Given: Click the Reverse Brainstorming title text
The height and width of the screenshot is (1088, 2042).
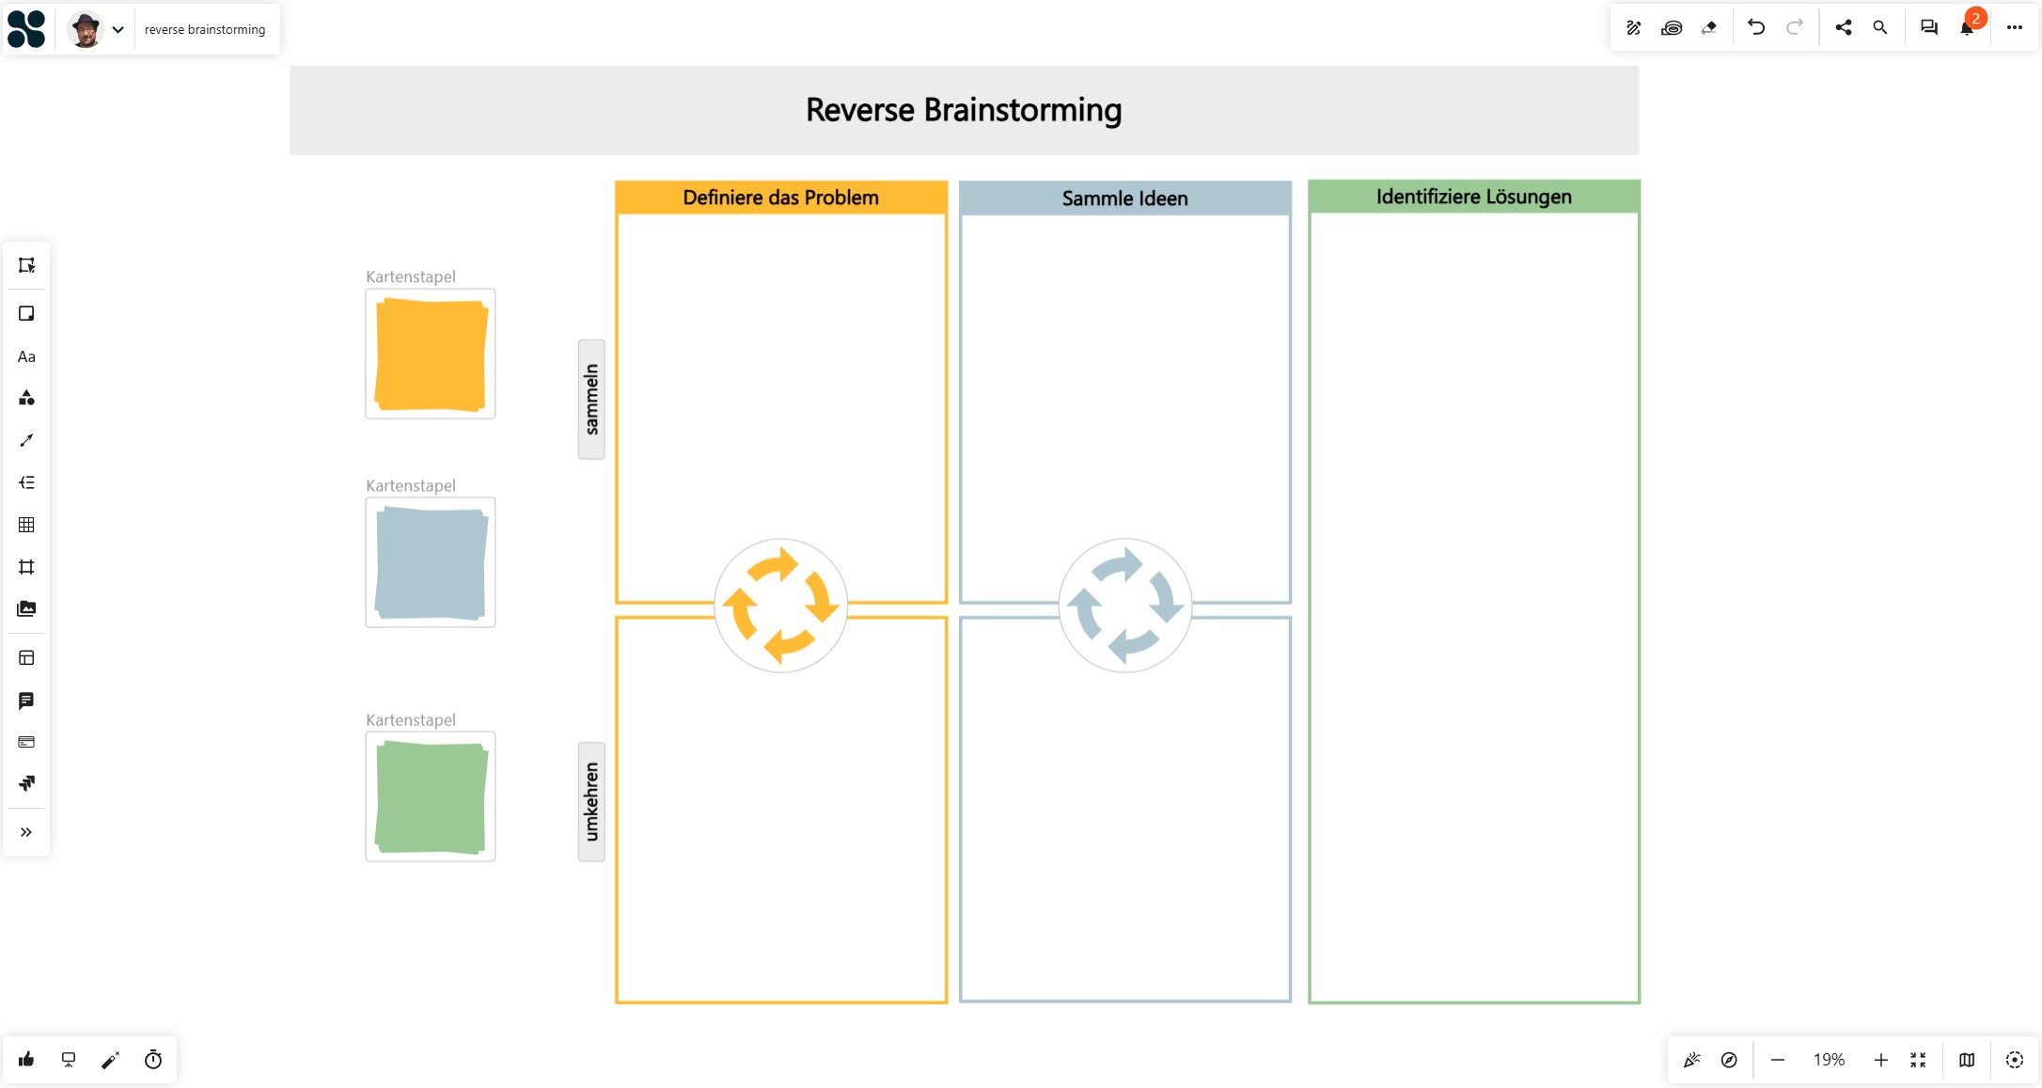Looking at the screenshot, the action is point(964,110).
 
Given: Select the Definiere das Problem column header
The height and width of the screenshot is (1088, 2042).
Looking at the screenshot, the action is point(781,197).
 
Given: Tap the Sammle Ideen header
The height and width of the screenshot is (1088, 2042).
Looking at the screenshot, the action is point(1125,198).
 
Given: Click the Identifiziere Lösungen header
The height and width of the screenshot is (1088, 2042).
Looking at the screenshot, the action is point(1474,197).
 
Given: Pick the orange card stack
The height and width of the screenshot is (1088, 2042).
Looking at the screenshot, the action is point(431,354).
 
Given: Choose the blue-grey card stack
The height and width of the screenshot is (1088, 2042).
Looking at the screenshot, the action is point(431,562).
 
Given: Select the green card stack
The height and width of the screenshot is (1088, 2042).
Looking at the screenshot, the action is point(431,796).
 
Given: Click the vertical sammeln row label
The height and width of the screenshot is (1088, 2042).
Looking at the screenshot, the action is point(591,400).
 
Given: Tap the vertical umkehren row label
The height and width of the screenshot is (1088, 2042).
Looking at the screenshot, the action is point(591,801).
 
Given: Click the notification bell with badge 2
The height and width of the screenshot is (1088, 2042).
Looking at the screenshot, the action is point(1967,27).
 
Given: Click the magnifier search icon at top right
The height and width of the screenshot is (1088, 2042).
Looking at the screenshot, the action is point(1880,27).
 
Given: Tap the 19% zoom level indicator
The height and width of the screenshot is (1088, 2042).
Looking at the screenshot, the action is point(1830,1060).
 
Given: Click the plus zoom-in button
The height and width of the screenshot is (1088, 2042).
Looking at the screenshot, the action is point(1881,1060).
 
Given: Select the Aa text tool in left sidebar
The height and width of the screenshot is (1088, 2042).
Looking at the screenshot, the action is point(26,356).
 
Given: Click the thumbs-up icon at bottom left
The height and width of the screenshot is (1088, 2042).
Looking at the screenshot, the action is point(26,1060).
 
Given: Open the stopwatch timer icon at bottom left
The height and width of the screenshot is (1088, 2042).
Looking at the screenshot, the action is point(153,1060).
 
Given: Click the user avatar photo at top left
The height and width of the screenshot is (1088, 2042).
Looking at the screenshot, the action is point(86,29).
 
